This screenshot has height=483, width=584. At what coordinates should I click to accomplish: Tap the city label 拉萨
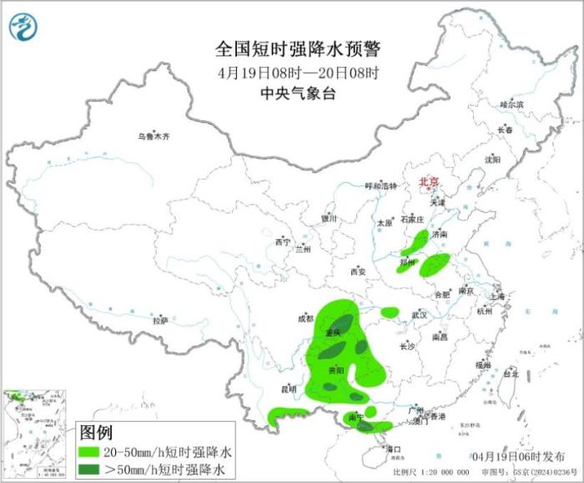160,320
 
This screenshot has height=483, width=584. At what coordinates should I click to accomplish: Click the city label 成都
304,318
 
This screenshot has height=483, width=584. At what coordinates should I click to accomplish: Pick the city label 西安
358,272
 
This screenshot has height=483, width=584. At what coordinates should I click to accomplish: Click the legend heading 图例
95,433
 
